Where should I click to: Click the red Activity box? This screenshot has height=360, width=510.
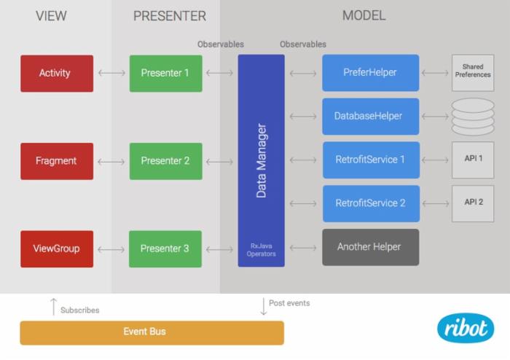(56, 73)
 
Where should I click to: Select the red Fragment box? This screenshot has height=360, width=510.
(56, 161)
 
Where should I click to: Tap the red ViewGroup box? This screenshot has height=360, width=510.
(56, 249)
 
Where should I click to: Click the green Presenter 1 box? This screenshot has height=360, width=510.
(165, 73)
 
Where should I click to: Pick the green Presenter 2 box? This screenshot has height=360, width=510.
(165, 161)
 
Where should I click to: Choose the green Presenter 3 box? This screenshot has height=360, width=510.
(165, 249)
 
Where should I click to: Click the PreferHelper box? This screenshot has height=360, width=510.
(371, 73)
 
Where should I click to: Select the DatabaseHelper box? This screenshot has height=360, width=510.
(371, 117)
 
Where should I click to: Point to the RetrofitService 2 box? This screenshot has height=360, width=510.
(371, 203)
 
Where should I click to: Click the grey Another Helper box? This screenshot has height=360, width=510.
(371, 247)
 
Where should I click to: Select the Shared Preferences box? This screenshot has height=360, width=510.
(472, 72)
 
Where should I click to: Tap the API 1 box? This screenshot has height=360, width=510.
(473, 160)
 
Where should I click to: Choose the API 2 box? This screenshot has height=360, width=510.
(473, 202)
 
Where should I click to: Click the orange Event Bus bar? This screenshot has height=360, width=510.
(152, 332)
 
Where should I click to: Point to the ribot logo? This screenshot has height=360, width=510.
(465, 327)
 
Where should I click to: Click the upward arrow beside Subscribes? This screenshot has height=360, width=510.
(52, 307)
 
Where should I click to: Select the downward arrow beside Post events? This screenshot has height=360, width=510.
(263, 306)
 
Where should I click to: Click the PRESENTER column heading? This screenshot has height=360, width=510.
(169, 15)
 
